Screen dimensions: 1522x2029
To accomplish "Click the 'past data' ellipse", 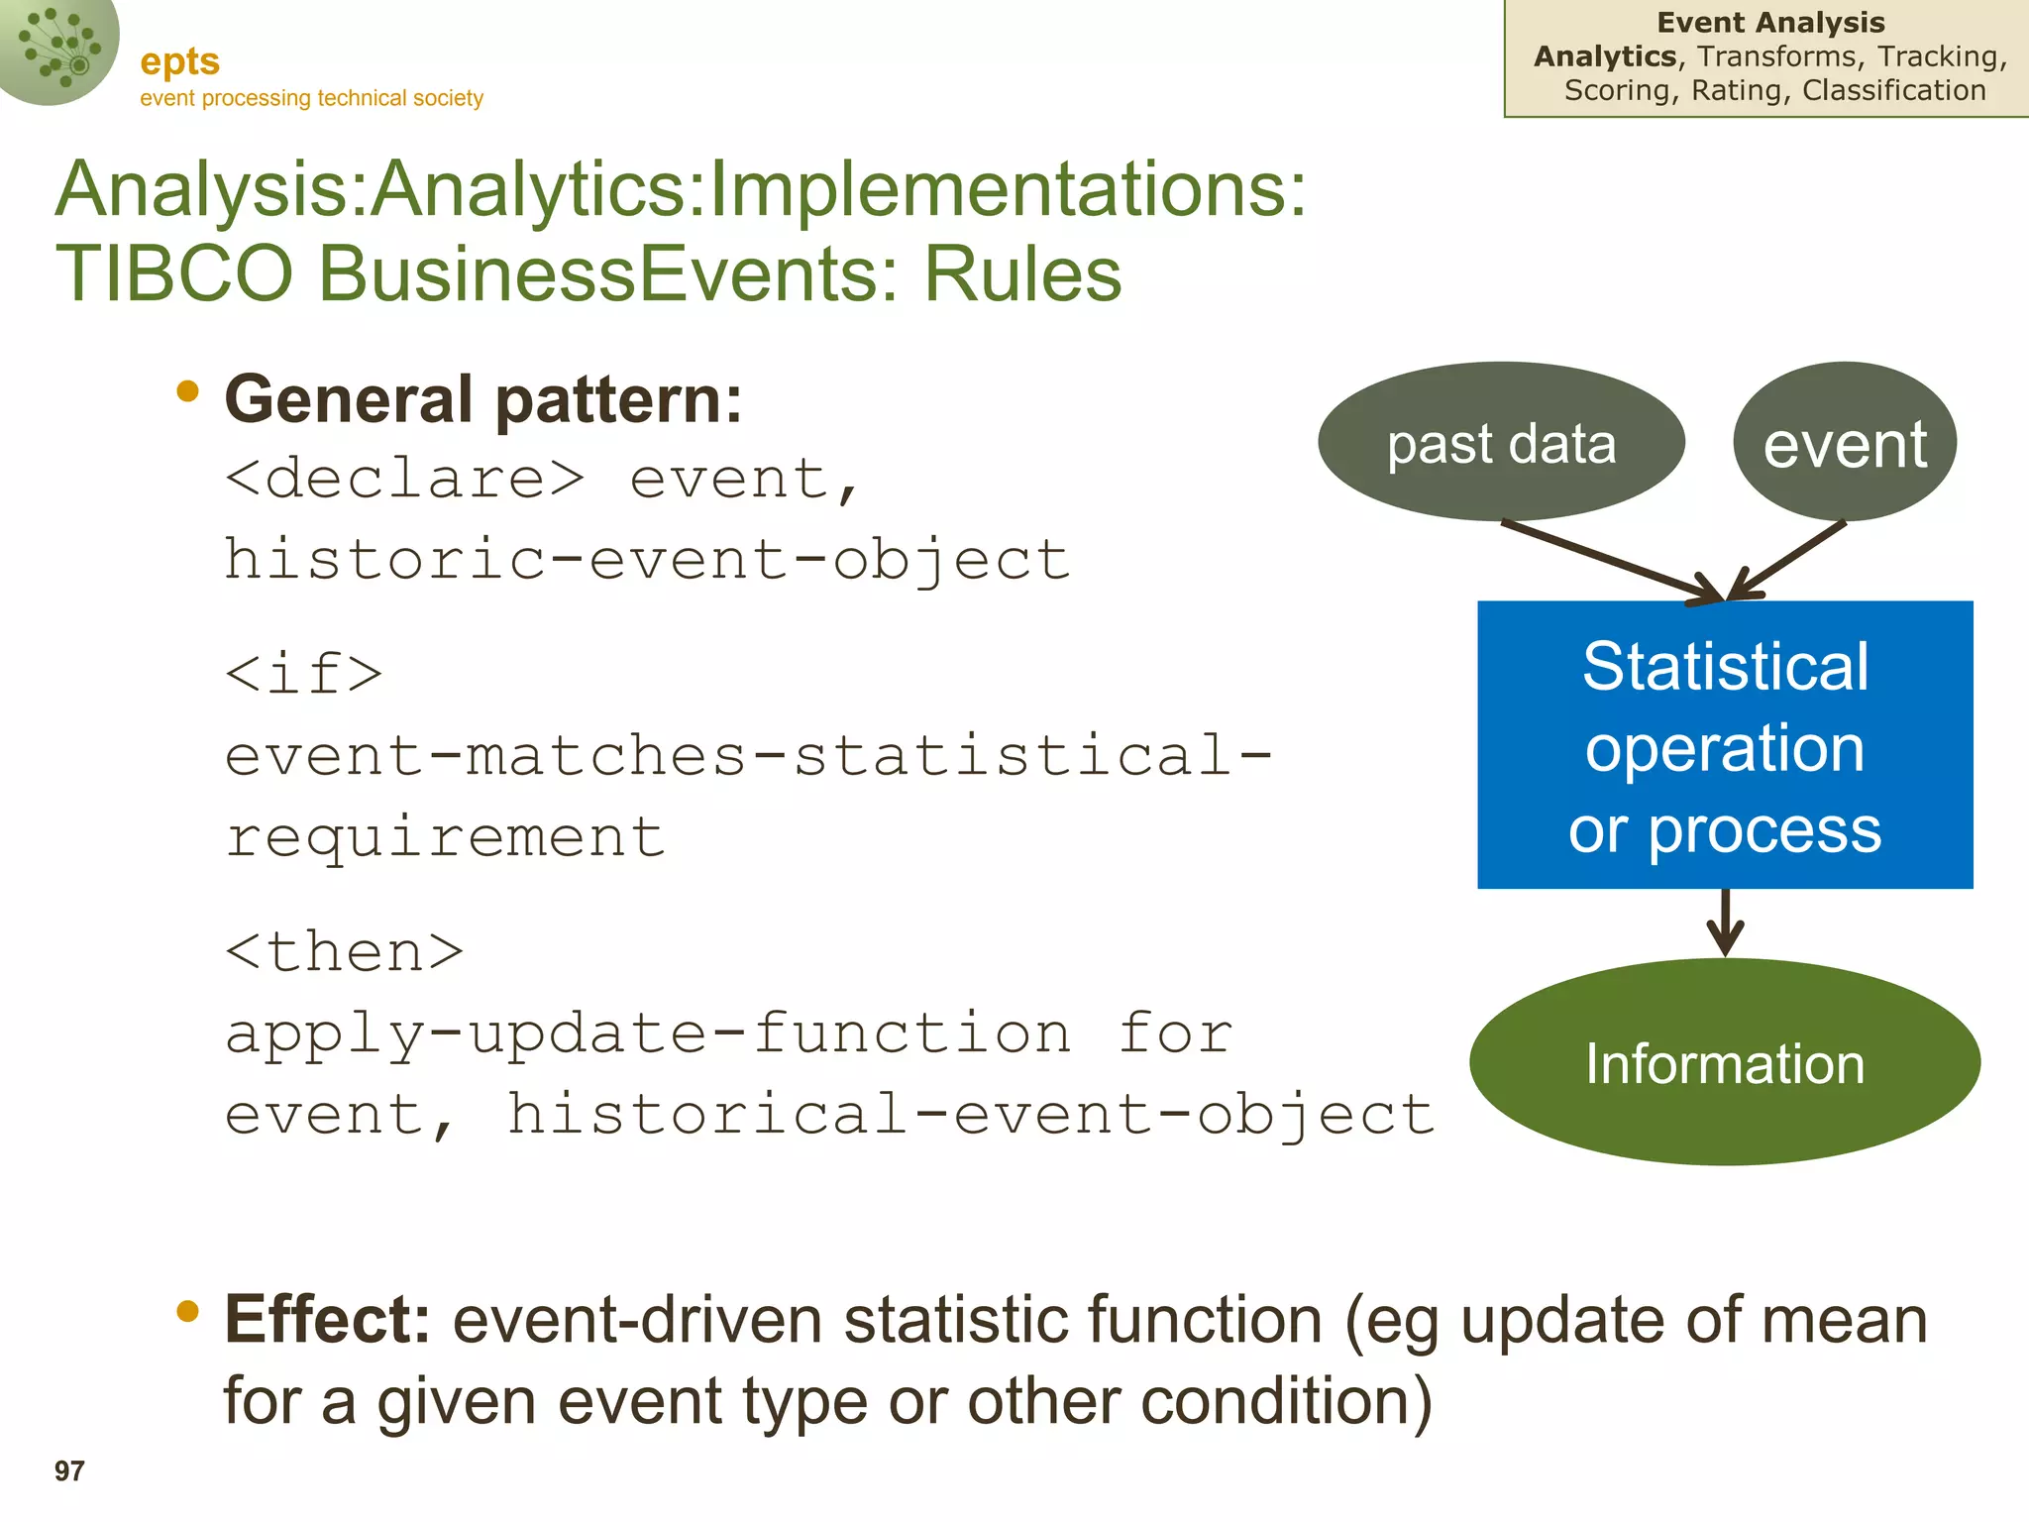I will click(1501, 442).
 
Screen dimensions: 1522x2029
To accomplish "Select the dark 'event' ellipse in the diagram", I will click(1845, 442).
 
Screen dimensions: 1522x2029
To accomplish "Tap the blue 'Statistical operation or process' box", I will click(1725, 745).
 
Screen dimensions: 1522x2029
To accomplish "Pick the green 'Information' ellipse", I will click(1725, 1062).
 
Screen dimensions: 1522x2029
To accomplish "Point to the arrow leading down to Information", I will click(1725, 923).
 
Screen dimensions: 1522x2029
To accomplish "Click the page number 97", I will click(69, 1470).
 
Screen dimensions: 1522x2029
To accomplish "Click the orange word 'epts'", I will click(179, 61).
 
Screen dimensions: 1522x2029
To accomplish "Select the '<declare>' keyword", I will click(405, 480).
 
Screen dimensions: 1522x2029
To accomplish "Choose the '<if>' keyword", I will click(304, 674).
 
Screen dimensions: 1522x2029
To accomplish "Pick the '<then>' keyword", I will click(344, 952).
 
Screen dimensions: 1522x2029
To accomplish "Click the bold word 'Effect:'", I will click(327, 1320).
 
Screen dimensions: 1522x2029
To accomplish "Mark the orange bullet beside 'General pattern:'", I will click(187, 392).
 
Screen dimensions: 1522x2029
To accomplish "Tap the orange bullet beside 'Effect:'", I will click(187, 1312).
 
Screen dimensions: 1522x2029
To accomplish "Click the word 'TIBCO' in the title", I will click(174, 273).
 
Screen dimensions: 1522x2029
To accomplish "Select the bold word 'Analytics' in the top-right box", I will click(1605, 56).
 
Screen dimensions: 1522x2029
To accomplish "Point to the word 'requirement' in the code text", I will click(445, 837).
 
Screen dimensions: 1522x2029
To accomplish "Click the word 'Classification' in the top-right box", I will click(1893, 90).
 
